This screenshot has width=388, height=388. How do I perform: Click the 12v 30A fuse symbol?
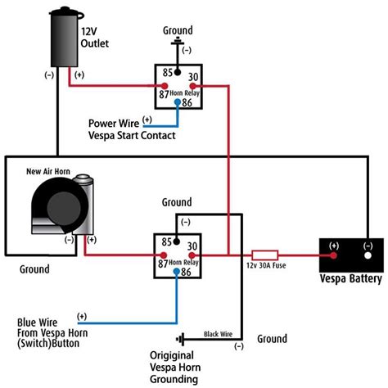point(267,255)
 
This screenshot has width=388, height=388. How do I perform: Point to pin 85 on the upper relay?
point(168,73)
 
